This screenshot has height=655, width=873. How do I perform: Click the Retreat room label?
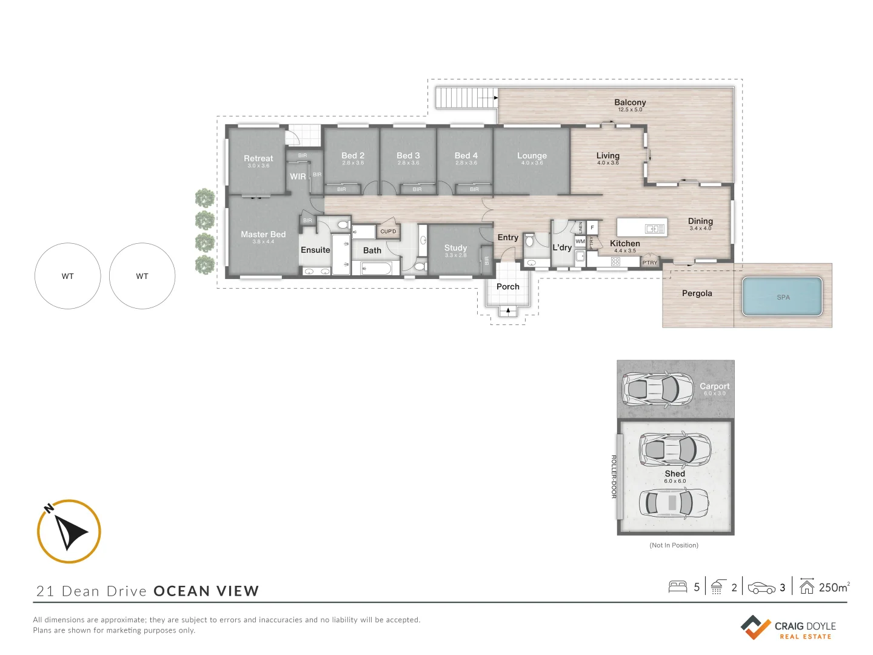click(258, 159)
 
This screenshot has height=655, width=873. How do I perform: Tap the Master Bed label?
click(263, 235)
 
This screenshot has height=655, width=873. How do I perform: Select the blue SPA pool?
click(782, 297)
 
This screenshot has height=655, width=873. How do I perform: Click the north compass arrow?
click(70, 531)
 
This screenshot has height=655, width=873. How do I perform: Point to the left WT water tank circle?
click(67, 276)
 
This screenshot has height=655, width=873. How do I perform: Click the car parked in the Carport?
click(658, 388)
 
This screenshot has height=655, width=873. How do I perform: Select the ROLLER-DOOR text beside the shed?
click(614, 477)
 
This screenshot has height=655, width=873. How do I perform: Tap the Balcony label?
click(630, 103)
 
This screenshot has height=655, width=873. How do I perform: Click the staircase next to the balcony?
click(466, 98)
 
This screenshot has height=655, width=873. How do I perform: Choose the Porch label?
click(507, 287)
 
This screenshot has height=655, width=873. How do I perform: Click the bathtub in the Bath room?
click(381, 267)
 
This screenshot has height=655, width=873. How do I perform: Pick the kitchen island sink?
click(655, 229)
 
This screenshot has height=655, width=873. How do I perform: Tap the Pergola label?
click(697, 294)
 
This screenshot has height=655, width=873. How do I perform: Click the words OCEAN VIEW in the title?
click(206, 591)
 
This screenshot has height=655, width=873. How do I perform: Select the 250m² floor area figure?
click(834, 587)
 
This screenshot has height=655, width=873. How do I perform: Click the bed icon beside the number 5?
click(677, 587)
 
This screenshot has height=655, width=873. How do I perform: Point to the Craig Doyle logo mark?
click(755, 627)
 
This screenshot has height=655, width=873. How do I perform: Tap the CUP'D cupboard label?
click(388, 231)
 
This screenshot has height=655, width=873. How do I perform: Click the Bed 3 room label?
click(408, 156)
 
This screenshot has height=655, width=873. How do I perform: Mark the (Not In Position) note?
click(674, 545)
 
